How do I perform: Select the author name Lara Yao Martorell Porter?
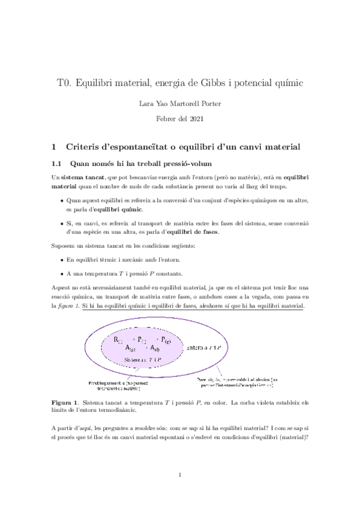(x=180, y=103)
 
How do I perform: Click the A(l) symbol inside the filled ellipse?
(x=154, y=348)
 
